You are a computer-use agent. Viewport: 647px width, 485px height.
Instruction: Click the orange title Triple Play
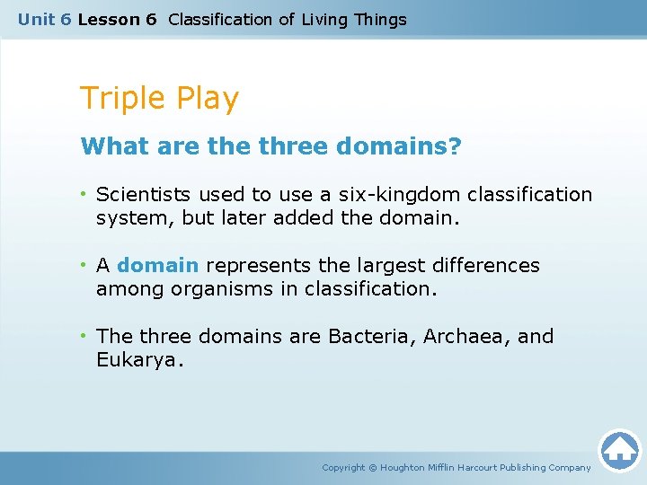[159, 98]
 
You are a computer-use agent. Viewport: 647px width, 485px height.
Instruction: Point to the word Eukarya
[138, 359]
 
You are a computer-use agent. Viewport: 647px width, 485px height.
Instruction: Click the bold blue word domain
[157, 265]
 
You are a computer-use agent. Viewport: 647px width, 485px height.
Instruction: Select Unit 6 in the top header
[45, 19]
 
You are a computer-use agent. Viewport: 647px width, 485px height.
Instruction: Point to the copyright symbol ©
[373, 467]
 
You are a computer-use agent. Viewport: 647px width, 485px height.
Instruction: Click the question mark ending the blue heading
[456, 145]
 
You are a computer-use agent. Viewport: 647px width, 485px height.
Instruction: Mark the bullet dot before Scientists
[83, 194]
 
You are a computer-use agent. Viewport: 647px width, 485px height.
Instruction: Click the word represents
[254, 265]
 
